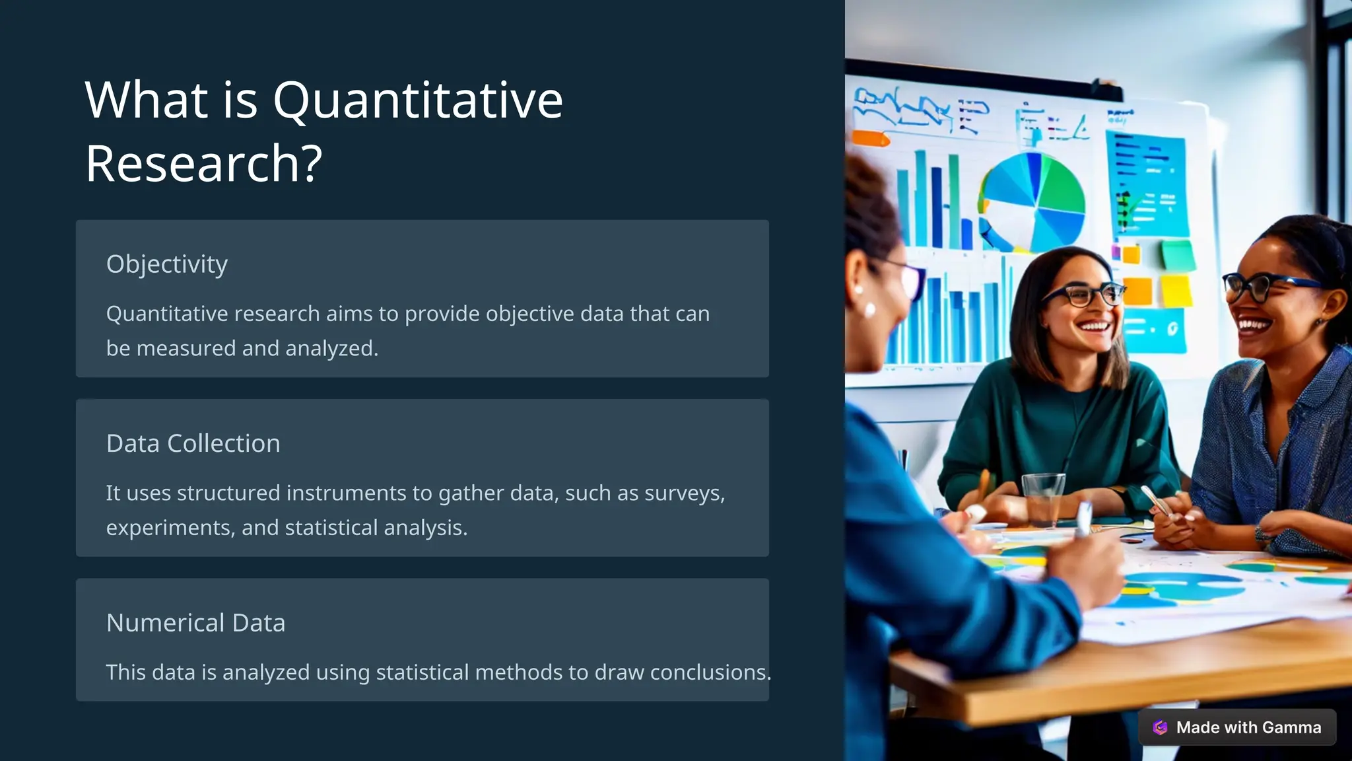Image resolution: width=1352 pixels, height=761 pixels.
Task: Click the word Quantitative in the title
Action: click(417, 101)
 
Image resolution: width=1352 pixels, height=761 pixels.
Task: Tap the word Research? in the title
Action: click(203, 164)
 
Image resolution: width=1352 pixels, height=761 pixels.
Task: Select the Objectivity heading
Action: click(167, 264)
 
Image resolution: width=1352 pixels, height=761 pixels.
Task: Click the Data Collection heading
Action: click(193, 443)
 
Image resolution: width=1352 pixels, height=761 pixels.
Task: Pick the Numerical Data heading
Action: click(195, 623)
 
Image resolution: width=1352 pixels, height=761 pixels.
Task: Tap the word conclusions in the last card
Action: click(710, 672)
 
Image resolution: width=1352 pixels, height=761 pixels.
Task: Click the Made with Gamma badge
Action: click(1236, 727)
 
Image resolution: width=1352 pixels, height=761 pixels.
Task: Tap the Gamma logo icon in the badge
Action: click(1160, 727)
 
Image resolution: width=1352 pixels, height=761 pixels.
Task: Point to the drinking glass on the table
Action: click(1042, 499)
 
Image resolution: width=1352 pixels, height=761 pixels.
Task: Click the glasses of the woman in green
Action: click(1083, 293)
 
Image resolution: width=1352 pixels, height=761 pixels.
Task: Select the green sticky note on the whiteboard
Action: click(1178, 255)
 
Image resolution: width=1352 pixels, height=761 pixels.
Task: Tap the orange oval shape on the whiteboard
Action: click(870, 139)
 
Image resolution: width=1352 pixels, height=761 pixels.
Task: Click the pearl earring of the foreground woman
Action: click(869, 308)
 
